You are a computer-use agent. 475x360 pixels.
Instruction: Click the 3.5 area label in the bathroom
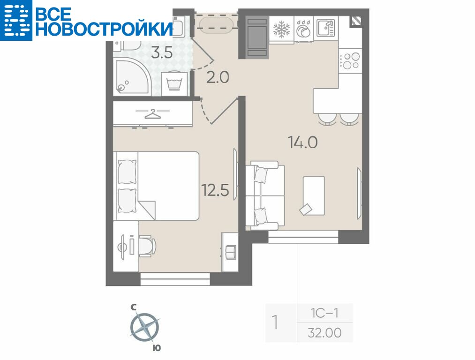point(162,53)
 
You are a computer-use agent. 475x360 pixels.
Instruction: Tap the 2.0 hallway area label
point(218,77)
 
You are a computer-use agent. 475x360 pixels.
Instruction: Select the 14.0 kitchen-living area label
point(302,142)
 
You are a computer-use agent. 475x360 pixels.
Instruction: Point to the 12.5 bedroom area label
point(215,190)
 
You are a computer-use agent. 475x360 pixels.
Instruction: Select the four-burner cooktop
point(350,60)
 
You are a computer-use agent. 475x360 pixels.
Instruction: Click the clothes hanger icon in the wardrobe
point(153,113)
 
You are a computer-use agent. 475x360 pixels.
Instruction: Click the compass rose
point(145,327)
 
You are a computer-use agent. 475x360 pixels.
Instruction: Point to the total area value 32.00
point(324,333)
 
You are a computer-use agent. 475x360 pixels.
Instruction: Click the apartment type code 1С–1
point(324,313)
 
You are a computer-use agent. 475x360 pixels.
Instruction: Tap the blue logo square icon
point(16,20)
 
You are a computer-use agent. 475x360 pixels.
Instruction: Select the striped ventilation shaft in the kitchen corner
point(356,22)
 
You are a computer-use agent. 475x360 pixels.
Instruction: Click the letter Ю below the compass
point(157,348)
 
